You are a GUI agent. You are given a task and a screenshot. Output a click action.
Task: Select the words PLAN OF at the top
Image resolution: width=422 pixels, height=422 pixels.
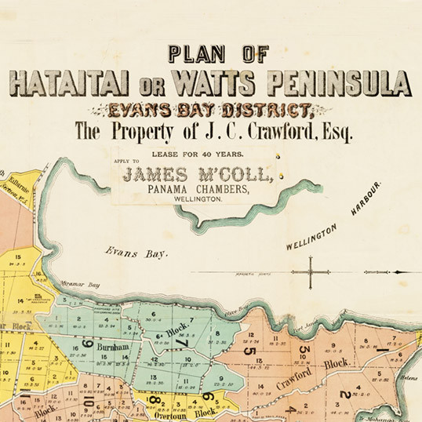click(217, 55)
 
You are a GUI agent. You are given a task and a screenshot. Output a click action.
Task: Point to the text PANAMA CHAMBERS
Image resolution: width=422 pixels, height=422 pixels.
click(194, 190)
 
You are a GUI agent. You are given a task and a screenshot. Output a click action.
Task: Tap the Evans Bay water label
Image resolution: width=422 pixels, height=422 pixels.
click(127, 252)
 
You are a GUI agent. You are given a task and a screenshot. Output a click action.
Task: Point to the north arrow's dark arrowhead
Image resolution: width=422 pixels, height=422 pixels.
click(400, 273)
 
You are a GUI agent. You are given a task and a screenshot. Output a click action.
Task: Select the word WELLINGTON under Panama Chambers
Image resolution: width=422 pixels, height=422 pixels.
click(195, 201)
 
